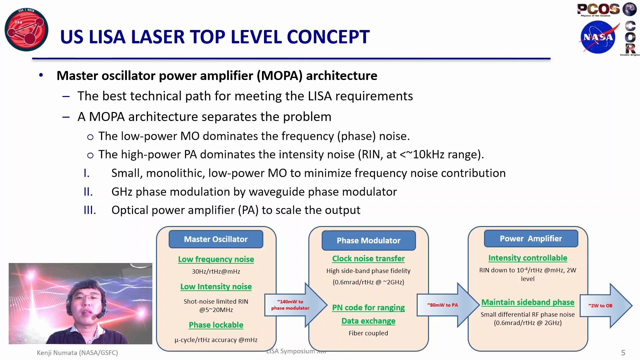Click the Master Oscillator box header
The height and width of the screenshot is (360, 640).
pos(216,239)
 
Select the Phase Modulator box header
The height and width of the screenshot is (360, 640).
pos(368,240)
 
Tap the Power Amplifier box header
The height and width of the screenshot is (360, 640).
pos(531,239)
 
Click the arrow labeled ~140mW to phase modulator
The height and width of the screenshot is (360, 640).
pos(293,305)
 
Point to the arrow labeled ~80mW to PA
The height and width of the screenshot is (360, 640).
pos(445,305)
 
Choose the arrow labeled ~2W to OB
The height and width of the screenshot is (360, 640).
pos(603,306)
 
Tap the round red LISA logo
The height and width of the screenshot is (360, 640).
pos(26,30)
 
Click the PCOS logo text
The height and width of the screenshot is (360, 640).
pos(598,9)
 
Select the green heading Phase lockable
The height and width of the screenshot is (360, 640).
pos(216,325)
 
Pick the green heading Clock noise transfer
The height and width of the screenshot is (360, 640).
pos(368,259)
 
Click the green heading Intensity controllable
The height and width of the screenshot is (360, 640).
pos(528,258)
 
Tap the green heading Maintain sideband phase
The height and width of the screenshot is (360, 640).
pos(528,302)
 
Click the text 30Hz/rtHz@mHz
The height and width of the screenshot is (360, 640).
pos(216,271)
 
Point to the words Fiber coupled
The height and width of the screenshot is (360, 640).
pos(368,333)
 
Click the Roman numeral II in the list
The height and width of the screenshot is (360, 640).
pos(88,192)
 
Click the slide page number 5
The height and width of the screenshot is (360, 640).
pos(623,353)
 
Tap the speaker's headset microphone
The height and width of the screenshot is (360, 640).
pos(99,316)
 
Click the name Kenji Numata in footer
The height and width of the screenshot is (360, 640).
pos(57,353)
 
